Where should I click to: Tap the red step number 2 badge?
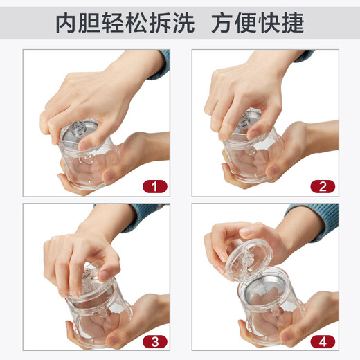tap(323, 186)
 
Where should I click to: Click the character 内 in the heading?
tap(68, 24)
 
